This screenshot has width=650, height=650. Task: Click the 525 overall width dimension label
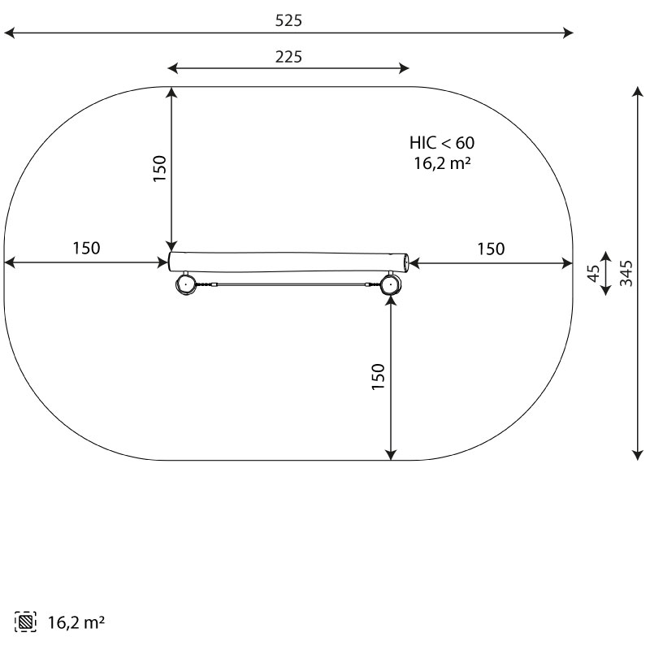[x=288, y=20]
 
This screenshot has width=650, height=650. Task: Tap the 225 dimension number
[x=288, y=57]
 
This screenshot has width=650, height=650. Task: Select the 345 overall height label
[x=626, y=273]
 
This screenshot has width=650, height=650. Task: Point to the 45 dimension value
[x=594, y=273]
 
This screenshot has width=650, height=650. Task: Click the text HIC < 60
[x=442, y=143]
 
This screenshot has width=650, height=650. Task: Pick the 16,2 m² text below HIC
[x=442, y=163]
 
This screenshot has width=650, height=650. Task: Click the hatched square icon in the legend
[x=25, y=622]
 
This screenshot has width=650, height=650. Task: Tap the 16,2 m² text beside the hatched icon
[x=76, y=622]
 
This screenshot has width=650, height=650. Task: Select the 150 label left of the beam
[x=86, y=248]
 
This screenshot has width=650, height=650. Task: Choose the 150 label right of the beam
[x=491, y=249]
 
